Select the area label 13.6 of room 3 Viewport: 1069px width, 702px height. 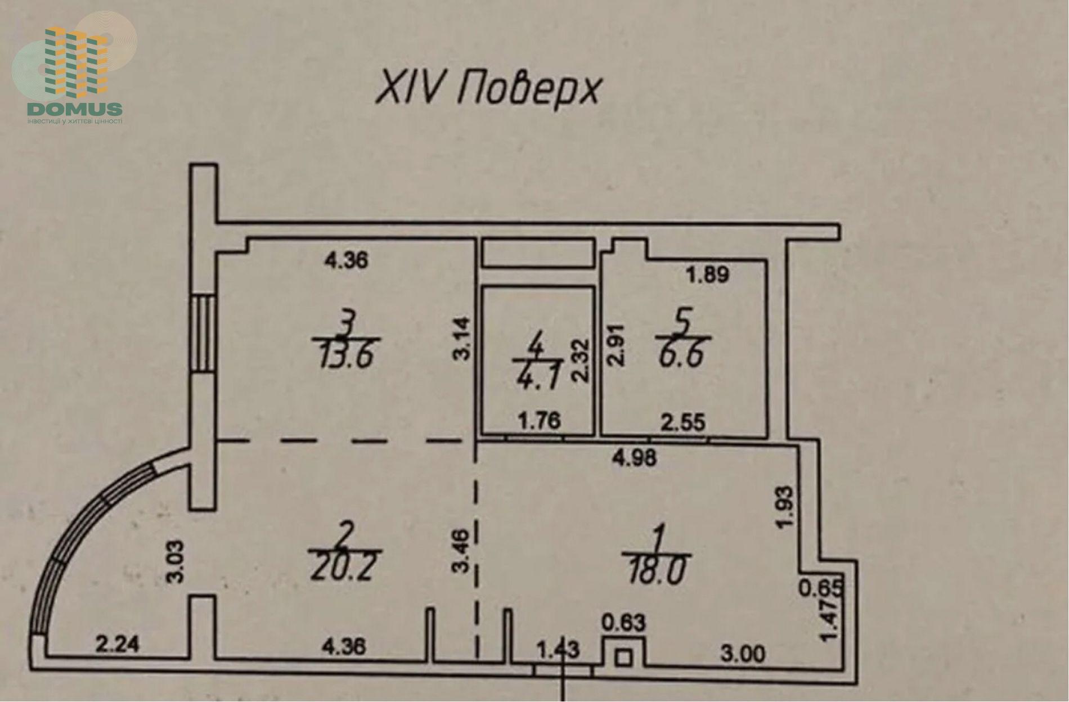pos(346,355)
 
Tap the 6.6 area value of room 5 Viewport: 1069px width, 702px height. pos(682,354)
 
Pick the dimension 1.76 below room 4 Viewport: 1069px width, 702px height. pos(538,420)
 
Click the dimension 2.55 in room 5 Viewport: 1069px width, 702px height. pos(683,422)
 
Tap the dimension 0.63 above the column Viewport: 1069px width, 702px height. pos(624,623)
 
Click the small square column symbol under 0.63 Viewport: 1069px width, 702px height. pos(622,657)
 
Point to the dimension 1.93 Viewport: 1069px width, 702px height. pos(788,506)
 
